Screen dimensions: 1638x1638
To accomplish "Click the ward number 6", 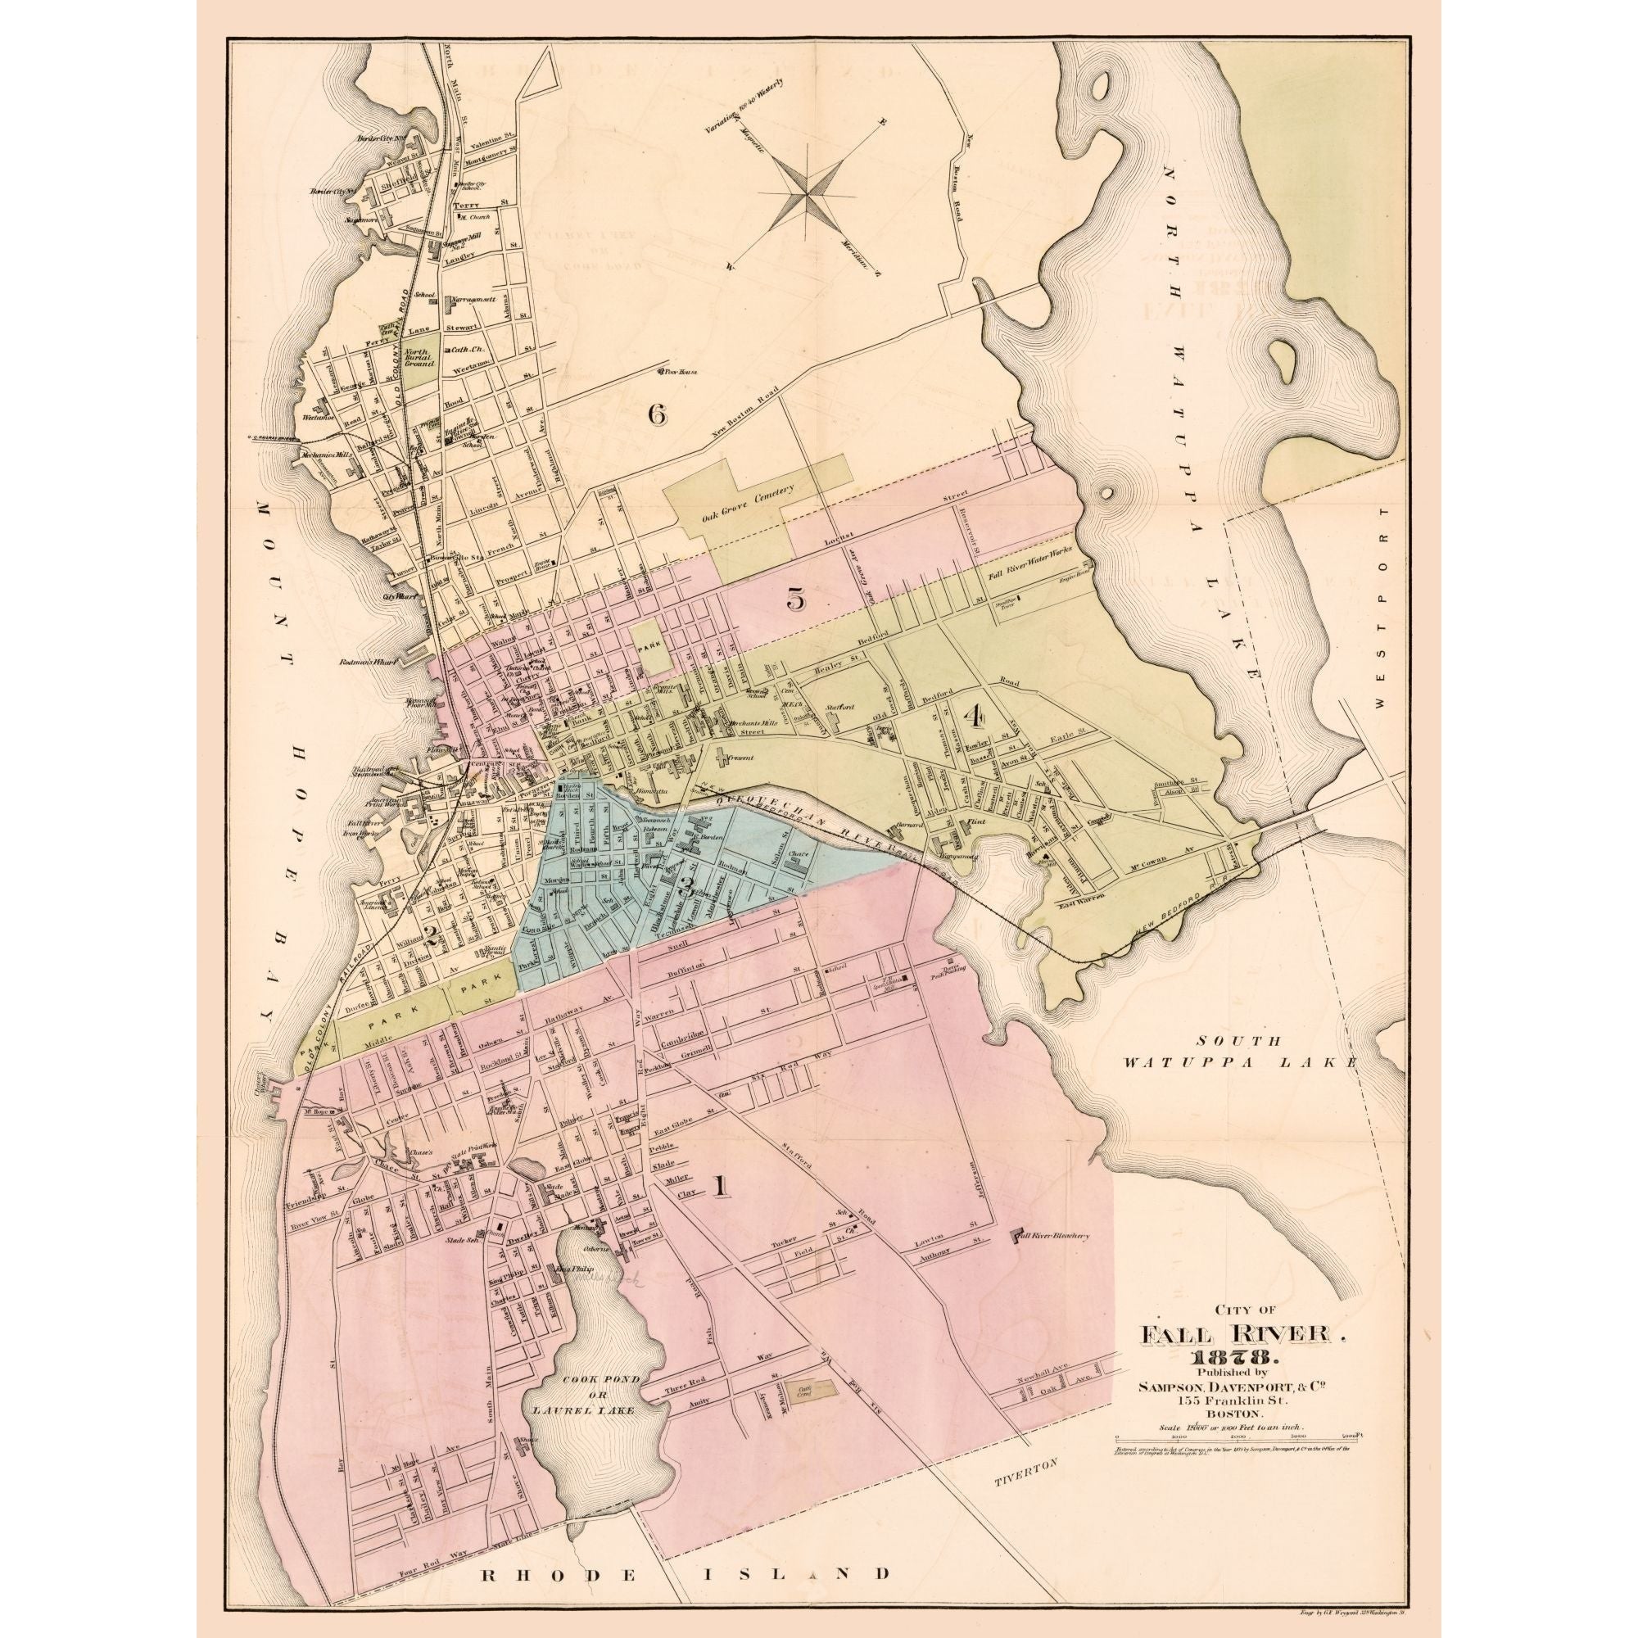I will (x=657, y=414).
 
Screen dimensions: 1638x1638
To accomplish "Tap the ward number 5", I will (x=795, y=600).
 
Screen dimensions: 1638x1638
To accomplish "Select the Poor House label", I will (x=676, y=370).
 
